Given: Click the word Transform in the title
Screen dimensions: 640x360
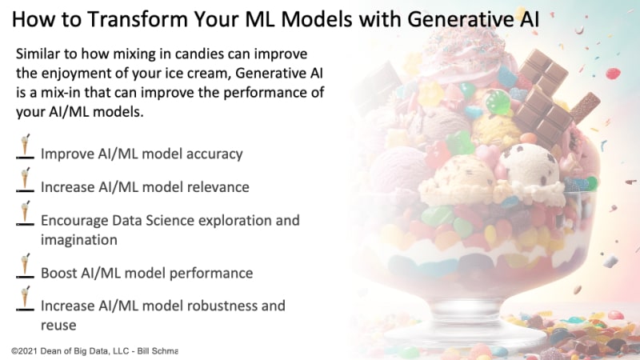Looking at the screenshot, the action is coord(137,19).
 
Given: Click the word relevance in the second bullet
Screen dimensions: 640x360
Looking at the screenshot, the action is coord(218,187).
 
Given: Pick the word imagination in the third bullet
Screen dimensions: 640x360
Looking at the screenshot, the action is coord(78,240).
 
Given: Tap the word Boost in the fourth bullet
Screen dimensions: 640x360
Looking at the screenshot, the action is coord(58,273).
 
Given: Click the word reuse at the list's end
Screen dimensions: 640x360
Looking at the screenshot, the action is coord(58,326).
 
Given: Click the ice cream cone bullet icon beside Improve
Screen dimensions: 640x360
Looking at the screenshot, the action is coord(25,146).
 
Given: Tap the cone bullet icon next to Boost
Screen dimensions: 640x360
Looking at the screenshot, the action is coord(25,266).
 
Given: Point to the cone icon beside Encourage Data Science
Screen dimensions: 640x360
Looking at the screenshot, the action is coord(25,213).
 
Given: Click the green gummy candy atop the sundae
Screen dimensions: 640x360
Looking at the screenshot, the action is coord(498,102).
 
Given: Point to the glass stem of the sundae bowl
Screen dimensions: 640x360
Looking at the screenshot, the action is coord(466,311).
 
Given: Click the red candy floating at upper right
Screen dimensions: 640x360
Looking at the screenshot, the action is coord(613,74).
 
